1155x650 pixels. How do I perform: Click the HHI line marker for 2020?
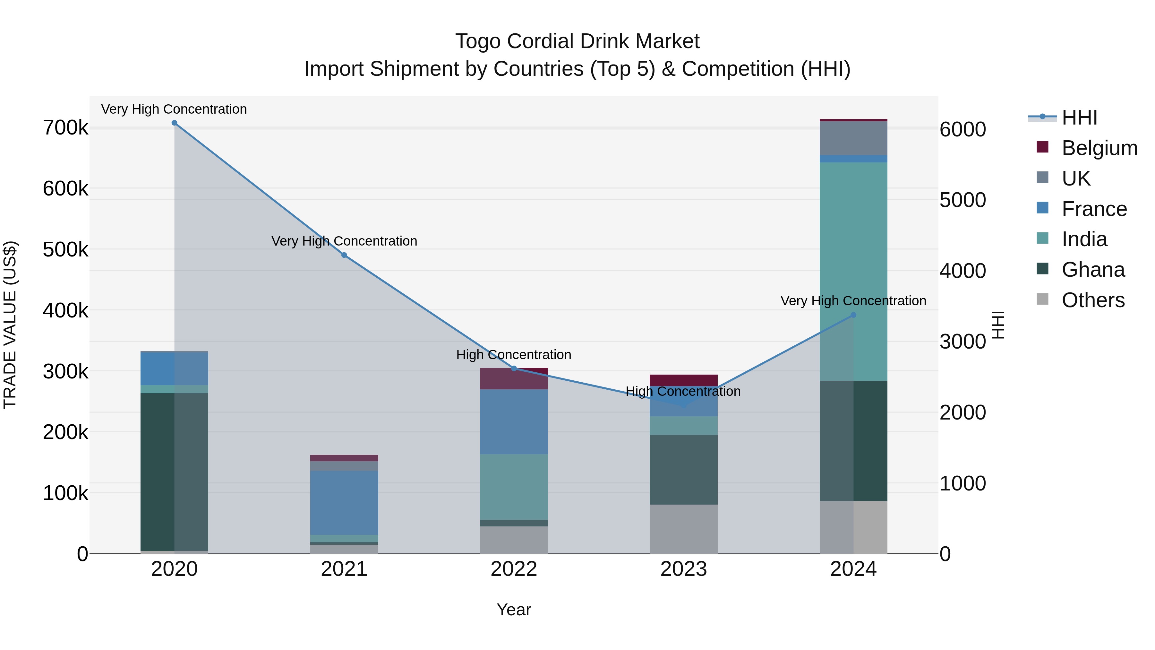[175, 123]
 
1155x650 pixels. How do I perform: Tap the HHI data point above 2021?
[344, 255]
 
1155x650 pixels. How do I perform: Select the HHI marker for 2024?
[853, 315]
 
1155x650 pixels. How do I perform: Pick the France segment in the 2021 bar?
[344, 502]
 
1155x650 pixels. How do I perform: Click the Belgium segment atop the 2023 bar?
[683, 380]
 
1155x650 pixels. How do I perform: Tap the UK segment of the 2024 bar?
[853, 138]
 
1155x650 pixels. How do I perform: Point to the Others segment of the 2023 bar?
[683, 529]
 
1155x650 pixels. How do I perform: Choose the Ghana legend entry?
[1093, 270]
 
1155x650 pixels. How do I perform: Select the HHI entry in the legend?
[1079, 117]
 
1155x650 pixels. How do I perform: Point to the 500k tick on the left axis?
[65, 250]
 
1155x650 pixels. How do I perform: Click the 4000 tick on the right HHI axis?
[963, 271]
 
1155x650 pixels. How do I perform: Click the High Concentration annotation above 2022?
[514, 355]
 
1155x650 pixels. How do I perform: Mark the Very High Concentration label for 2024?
[853, 301]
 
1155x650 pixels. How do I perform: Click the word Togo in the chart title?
[477, 41]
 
